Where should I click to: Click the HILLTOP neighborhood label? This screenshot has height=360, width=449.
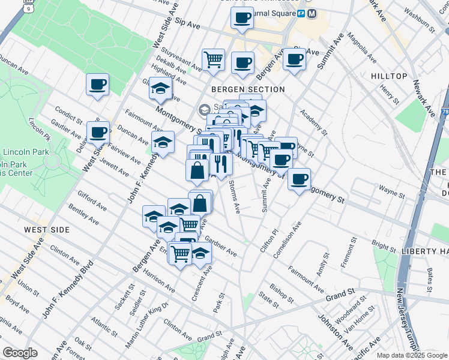click(x=389, y=77)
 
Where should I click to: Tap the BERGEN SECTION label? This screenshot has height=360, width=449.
click(x=248, y=89)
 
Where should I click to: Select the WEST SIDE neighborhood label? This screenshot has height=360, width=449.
click(x=47, y=230)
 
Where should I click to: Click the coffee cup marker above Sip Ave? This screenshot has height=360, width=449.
click(x=242, y=18)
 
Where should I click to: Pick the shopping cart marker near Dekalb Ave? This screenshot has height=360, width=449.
click(x=213, y=60)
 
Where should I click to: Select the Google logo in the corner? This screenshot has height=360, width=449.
click(x=20, y=353)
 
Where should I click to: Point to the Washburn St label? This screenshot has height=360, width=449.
click(x=419, y=19)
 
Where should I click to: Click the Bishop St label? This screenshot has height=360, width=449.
click(x=282, y=293)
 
